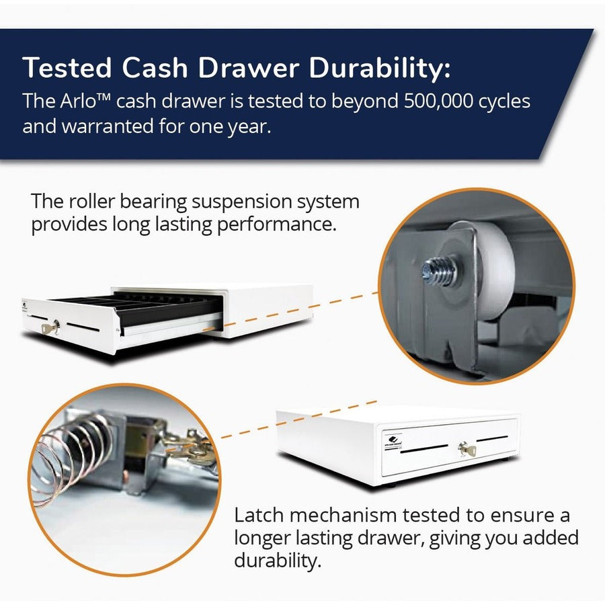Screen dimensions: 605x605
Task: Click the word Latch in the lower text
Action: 259,516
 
